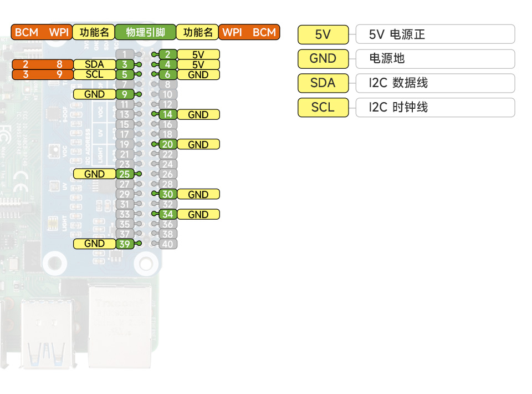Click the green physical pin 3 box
(125, 64)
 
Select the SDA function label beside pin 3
(94, 64)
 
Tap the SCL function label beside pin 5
(94, 74)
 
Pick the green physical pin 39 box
(125, 244)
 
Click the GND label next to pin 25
(94, 174)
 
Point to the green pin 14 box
(168, 115)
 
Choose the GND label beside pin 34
(198, 214)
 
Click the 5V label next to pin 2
(198, 54)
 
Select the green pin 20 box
(168, 144)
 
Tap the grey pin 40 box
(168, 244)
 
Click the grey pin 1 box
(125, 54)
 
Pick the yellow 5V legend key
(323, 34)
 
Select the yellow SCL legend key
(323, 108)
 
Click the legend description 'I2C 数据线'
(398, 83)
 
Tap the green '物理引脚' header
(145, 32)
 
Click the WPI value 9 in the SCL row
(59, 74)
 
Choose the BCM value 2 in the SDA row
(25, 64)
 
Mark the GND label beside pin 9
(94, 94)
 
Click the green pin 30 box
(168, 194)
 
